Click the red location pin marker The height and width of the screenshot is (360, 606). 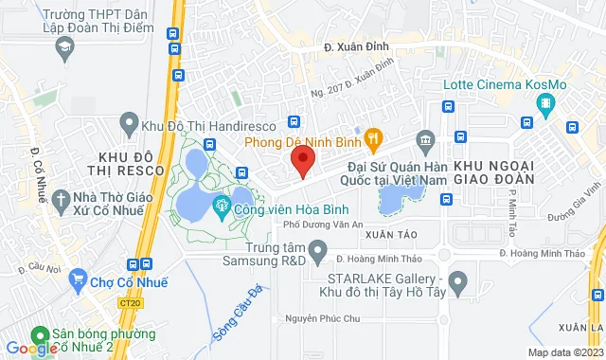pos(301,161)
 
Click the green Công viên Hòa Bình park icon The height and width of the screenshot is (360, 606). pos(222,205)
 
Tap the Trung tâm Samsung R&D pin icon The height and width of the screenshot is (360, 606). pos(319,253)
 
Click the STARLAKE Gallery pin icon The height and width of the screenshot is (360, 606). pos(458,280)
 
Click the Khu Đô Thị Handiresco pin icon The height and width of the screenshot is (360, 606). pos(127,123)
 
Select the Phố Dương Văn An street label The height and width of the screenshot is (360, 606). pos(330,225)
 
